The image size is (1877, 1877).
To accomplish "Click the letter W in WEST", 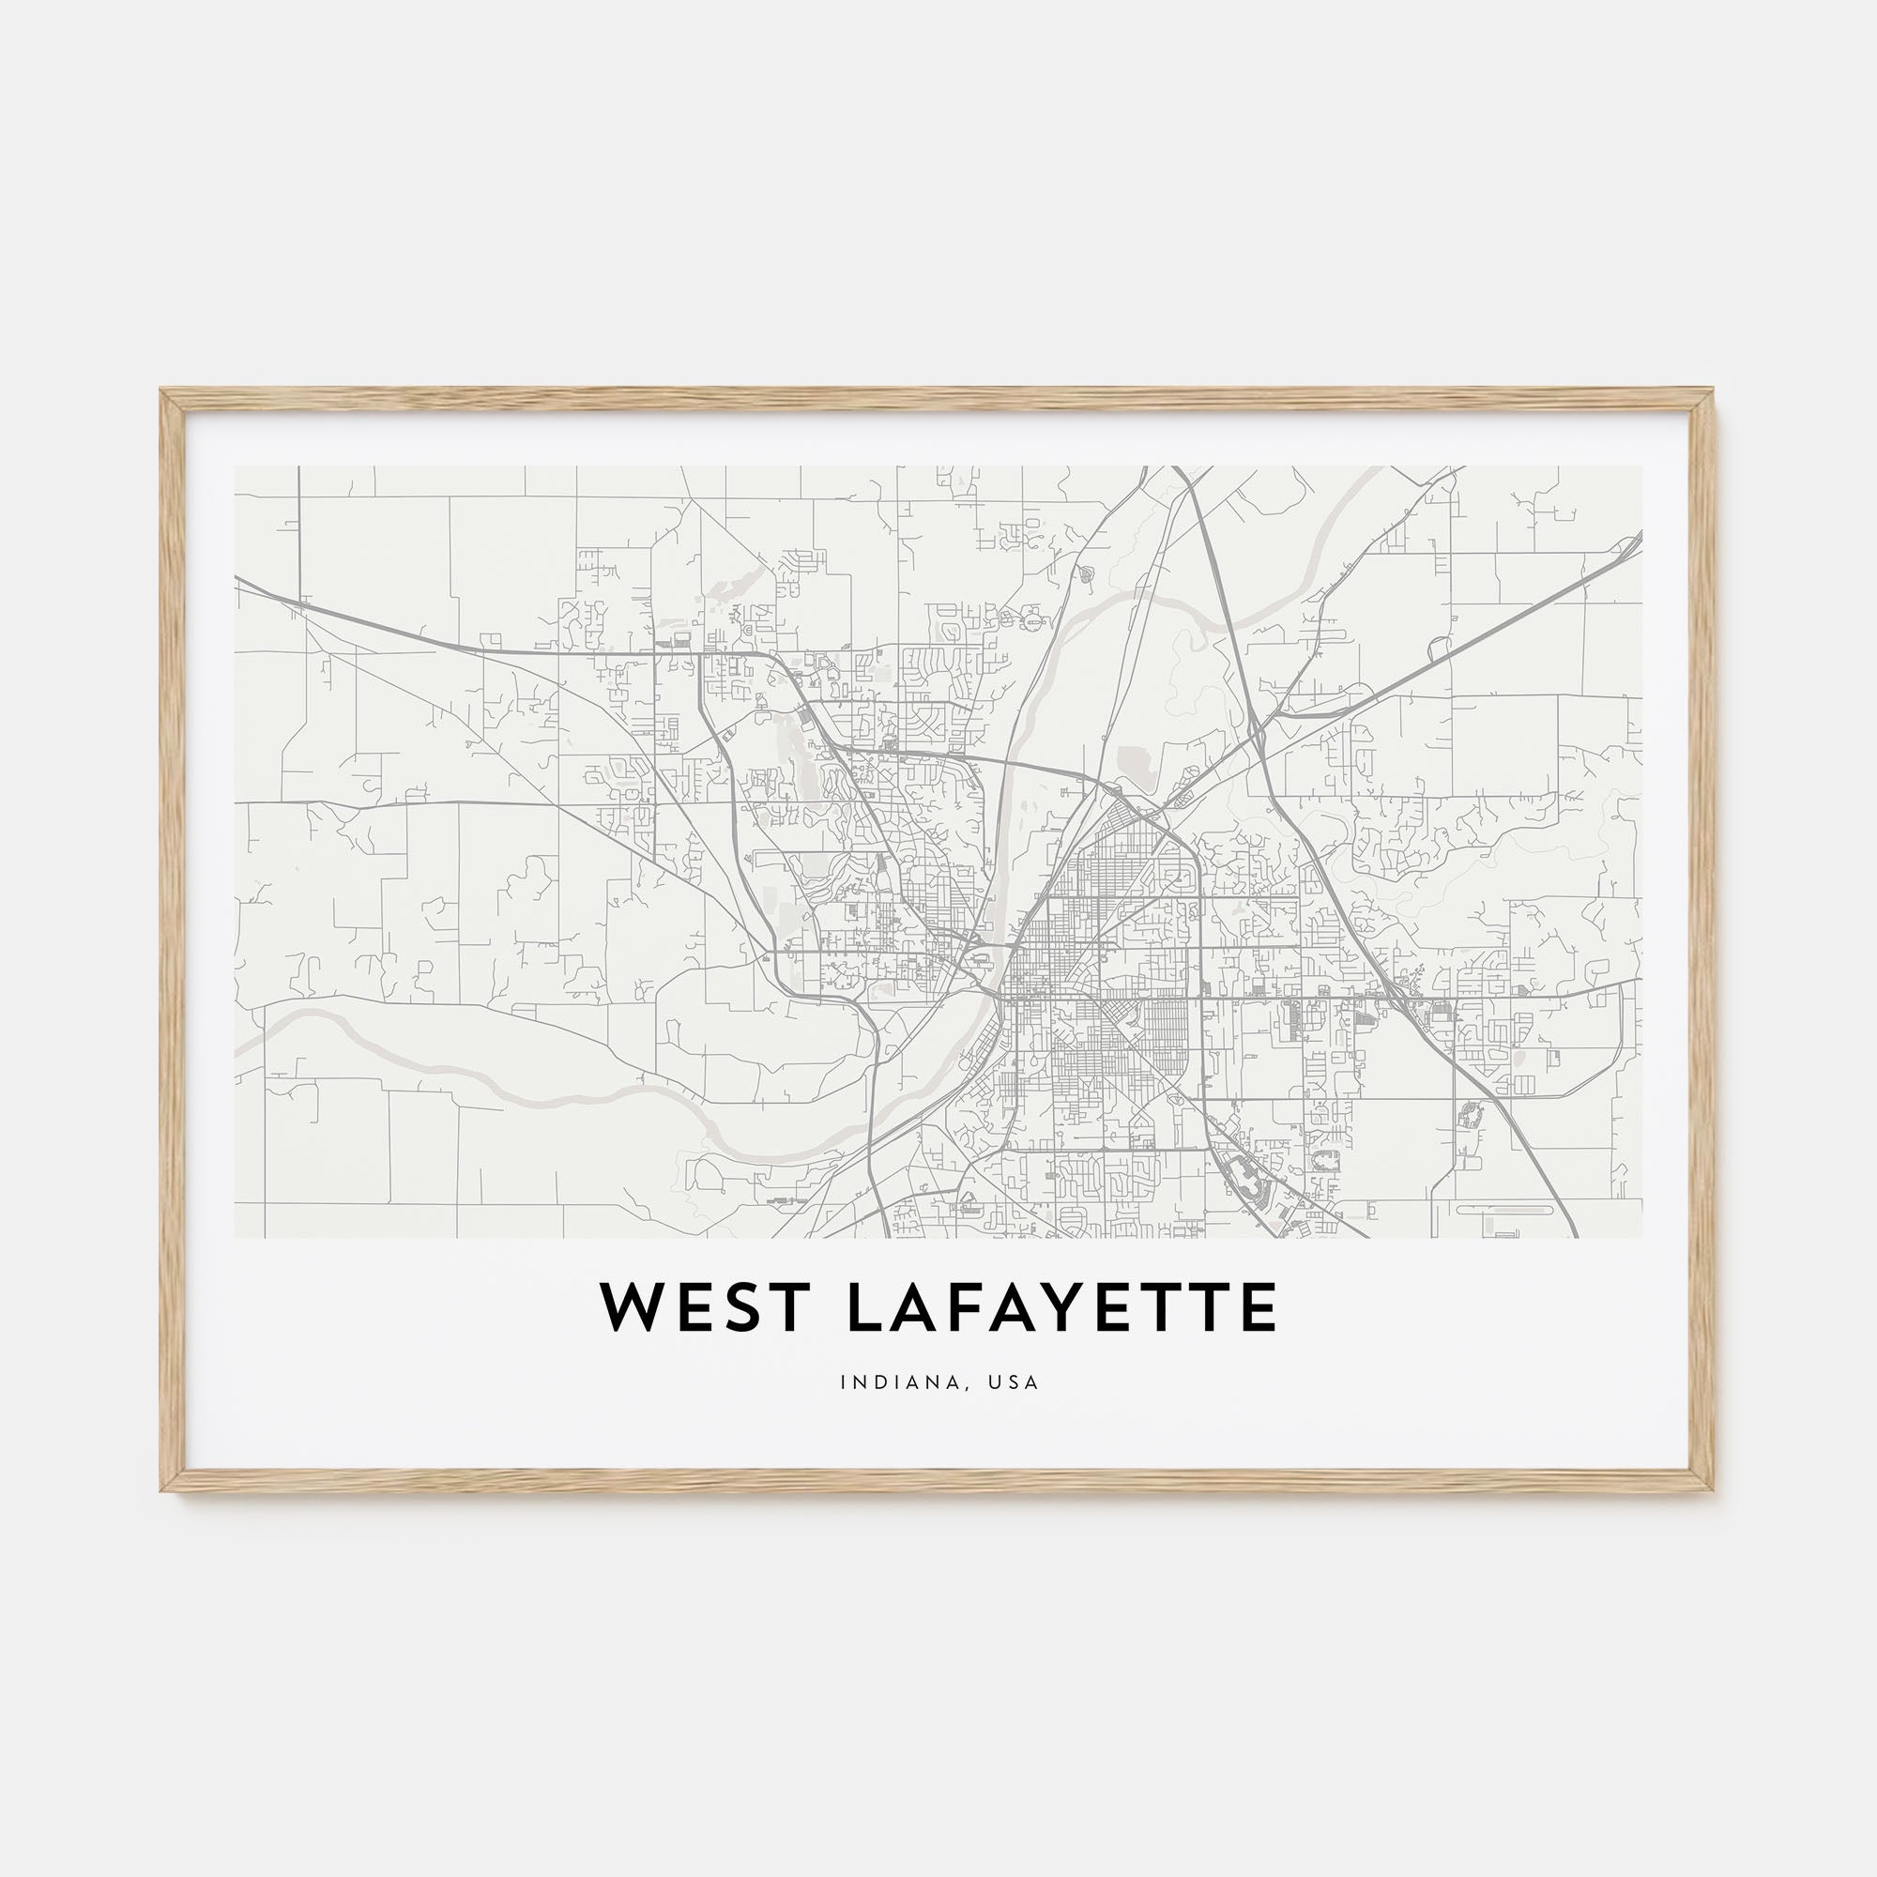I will tap(633, 1307).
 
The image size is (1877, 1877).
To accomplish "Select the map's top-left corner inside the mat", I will tap(237, 467).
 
